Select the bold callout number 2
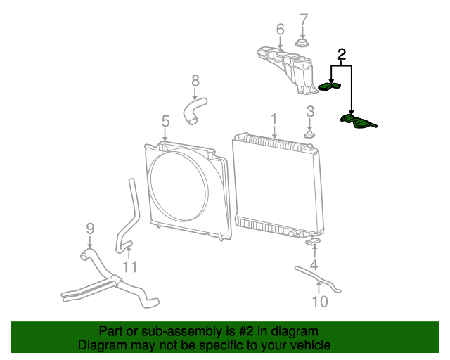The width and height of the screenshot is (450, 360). [x=342, y=54]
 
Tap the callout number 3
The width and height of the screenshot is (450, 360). [x=309, y=111]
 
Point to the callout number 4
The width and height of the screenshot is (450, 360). [x=314, y=265]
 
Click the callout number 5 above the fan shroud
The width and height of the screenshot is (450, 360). [x=165, y=121]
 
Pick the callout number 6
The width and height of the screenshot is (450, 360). [x=280, y=30]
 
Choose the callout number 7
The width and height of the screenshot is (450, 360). [x=303, y=19]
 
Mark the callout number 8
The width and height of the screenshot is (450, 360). [x=195, y=81]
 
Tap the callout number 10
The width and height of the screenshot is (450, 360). [x=319, y=302]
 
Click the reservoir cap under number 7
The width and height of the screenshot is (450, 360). [x=302, y=45]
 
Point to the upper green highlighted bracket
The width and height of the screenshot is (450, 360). [x=329, y=87]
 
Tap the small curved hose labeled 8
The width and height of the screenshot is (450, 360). [x=195, y=111]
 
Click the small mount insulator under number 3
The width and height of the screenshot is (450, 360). [x=309, y=134]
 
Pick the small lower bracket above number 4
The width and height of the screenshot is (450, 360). [x=314, y=243]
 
